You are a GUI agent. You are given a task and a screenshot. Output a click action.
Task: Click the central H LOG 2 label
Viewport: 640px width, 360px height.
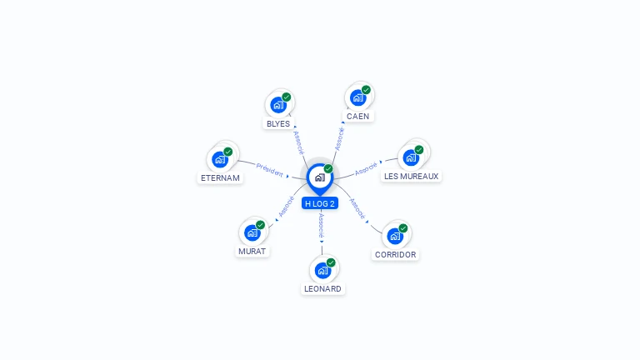pyautogui.click(x=320, y=203)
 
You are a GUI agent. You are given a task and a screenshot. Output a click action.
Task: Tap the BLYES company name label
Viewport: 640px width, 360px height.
pyautogui.click(x=278, y=124)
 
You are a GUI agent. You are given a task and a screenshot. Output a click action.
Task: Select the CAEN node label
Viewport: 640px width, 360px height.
pyautogui.click(x=358, y=117)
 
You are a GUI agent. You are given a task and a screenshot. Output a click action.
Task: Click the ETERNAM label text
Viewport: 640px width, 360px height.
pyautogui.click(x=220, y=177)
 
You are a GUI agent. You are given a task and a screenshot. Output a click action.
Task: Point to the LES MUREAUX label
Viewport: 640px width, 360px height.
pyautogui.click(x=411, y=176)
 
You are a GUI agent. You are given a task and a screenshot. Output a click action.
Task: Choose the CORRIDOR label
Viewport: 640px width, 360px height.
pyautogui.click(x=396, y=255)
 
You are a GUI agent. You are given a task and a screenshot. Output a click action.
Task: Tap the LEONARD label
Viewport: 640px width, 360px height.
pyautogui.click(x=322, y=289)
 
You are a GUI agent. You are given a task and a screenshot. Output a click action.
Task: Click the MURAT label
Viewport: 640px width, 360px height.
pyautogui.click(x=252, y=251)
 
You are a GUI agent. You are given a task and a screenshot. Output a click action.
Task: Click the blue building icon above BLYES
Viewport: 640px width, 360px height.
pyautogui.click(x=277, y=105)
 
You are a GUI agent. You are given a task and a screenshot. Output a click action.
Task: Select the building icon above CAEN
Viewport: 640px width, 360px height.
pyautogui.click(x=357, y=97)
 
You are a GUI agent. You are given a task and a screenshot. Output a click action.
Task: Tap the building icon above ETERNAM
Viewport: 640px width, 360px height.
pyautogui.click(x=220, y=159)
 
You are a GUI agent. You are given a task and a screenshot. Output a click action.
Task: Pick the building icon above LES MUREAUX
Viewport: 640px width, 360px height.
pyautogui.click(x=410, y=157)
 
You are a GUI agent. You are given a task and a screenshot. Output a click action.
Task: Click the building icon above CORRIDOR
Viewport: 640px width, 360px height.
pyautogui.click(x=395, y=236)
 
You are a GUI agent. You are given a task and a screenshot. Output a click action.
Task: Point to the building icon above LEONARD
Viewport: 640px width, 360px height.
pyautogui.click(x=322, y=270)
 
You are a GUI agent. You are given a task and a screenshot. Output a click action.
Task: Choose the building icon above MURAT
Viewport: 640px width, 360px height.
pyautogui.click(x=252, y=232)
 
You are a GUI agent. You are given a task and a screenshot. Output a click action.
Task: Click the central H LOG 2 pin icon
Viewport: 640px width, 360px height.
pyautogui.click(x=319, y=177)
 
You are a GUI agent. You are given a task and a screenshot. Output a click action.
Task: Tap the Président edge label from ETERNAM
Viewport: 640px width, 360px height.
pyautogui.click(x=270, y=169)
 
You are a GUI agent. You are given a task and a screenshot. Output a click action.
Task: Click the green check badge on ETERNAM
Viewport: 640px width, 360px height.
pyautogui.click(x=228, y=152)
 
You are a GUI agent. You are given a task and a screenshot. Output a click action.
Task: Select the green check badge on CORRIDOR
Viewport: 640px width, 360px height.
pyautogui.click(x=403, y=228)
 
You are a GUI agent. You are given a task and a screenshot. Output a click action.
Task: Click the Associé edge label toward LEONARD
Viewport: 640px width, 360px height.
pyautogui.click(x=320, y=225)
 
